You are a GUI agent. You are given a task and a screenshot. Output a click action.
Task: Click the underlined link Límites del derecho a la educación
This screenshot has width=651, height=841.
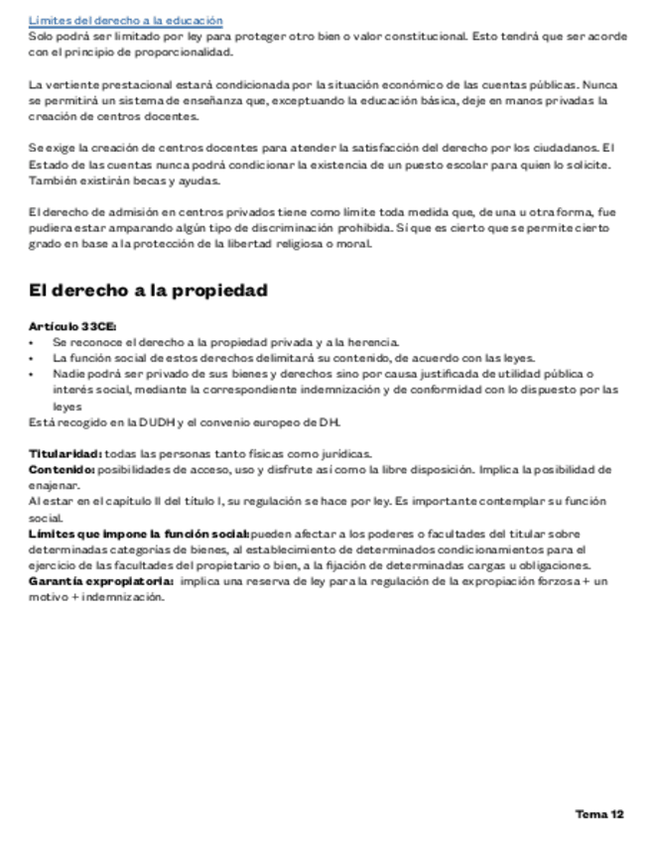pyautogui.click(x=126, y=21)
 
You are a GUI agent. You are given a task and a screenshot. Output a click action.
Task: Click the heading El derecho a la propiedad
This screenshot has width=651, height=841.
pyautogui.click(x=148, y=291)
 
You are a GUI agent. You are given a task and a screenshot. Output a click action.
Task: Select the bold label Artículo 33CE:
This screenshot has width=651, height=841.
pyautogui.click(x=71, y=326)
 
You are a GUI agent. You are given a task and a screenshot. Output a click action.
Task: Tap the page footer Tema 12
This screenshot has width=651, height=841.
pyautogui.click(x=599, y=814)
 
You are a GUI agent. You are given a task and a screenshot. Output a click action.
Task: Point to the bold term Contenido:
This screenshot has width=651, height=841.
pyautogui.click(x=62, y=469)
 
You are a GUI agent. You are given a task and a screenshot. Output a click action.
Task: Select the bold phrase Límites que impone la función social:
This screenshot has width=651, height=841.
pyautogui.click(x=138, y=534)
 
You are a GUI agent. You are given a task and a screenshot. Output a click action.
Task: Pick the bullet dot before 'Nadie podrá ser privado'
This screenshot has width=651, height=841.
pyautogui.click(x=33, y=374)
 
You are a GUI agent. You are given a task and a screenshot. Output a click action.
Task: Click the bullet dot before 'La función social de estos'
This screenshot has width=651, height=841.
pyautogui.click(x=33, y=358)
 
